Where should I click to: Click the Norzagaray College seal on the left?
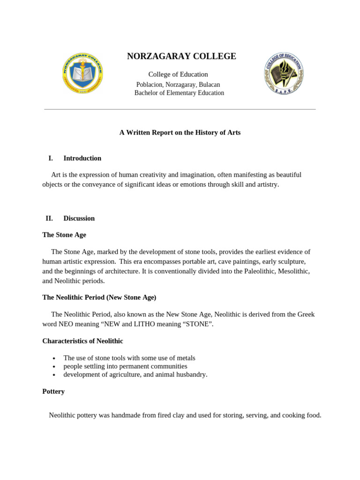(82, 73)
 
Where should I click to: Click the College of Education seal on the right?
(284, 73)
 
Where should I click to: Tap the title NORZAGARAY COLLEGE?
(181, 56)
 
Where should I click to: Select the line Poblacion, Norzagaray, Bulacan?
(178, 84)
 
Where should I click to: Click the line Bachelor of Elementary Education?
(179, 93)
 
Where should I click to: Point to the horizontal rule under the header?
(180, 109)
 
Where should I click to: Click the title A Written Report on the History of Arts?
(180, 133)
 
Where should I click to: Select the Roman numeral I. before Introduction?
(50, 158)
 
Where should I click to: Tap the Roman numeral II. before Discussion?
(49, 218)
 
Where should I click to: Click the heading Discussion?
(79, 218)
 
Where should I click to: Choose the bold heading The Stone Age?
(64, 235)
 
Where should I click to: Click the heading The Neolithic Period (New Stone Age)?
(99, 297)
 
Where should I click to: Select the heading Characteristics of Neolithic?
(82, 341)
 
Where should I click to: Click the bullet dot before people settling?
(54, 367)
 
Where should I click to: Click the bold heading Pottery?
(53, 391)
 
